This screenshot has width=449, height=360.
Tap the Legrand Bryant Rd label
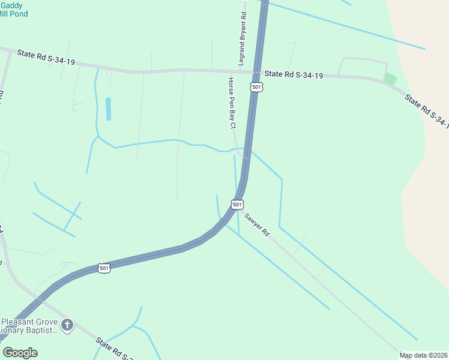coord(242,38)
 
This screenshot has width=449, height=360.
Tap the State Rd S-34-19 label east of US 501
coord(294,75)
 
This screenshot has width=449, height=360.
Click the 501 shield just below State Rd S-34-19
coord(257,87)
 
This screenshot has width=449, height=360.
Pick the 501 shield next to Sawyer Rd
coord(238,205)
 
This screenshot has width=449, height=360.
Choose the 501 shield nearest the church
coord(104,268)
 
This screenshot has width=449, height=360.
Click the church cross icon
coord(67,325)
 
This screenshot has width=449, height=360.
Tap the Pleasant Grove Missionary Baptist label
coord(30,326)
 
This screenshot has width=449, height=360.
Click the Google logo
coord(20,353)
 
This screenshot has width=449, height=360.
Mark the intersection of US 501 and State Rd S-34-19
coord(257,73)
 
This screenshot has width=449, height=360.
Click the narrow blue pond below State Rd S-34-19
coord(109,109)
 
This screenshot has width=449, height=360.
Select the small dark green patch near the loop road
coord(391,79)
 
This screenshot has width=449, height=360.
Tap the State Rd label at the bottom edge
coord(114,349)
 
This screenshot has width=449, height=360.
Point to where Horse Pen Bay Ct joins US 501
coord(246,157)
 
